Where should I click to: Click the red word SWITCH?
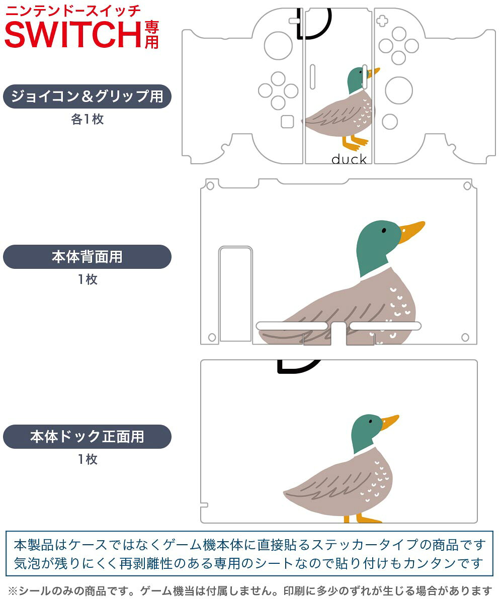tap(73, 34)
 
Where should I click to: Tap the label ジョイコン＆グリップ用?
tap(87, 96)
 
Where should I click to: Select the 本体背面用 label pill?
tap(87, 257)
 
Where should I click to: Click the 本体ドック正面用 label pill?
tap(87, 436)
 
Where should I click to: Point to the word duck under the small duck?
tap(349, 159)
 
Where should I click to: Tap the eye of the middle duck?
tap(384, 230)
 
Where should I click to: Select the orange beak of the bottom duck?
tap(390, 422)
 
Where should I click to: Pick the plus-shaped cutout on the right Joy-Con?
tap(382, 21)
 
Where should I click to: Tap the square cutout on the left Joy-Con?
tap(287, 122)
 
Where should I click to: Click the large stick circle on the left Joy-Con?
tap(278, 46)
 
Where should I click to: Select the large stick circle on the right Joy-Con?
tap(399, 90)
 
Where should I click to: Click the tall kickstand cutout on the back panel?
tap(235, 294)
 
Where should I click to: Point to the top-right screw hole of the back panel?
tap(467, 186)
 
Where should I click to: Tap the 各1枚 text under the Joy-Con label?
tap(88, 119)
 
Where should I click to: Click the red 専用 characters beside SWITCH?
tap(151, 35)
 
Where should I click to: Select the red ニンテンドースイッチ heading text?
tap(73, 12)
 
